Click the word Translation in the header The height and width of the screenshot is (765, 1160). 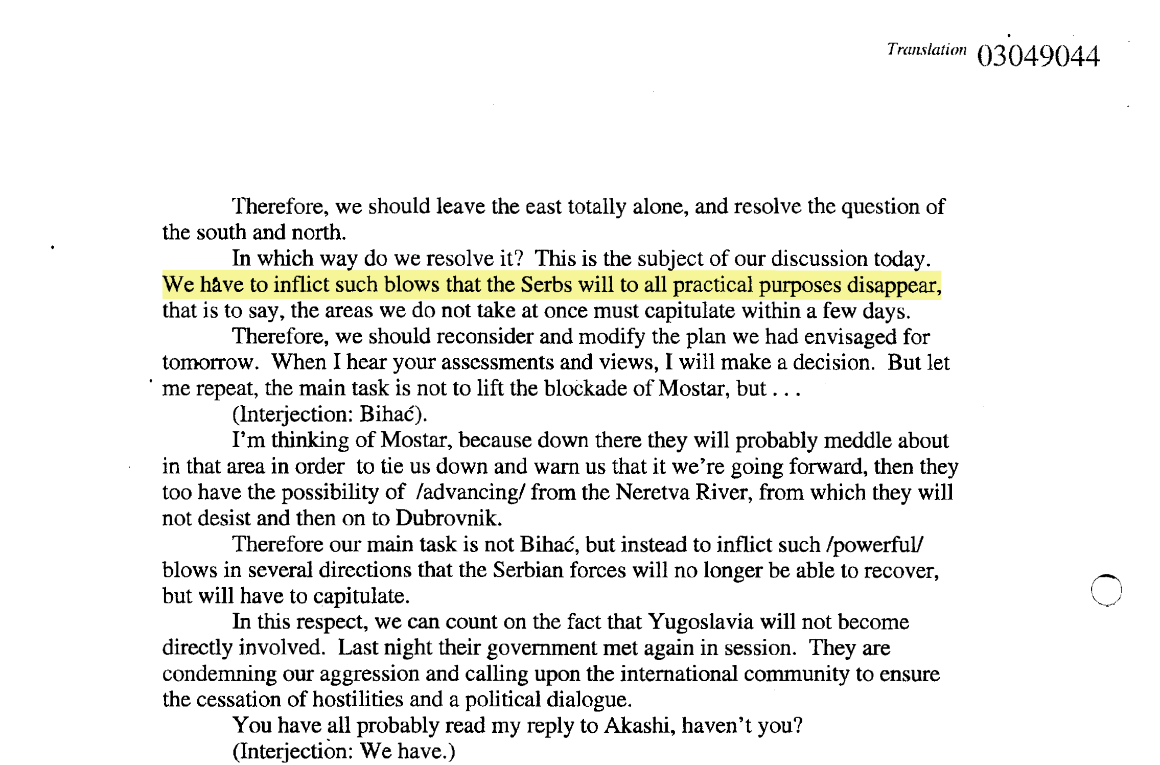click(x=926, y=50)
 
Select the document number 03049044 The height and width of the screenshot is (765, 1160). click(x=1038, y=56)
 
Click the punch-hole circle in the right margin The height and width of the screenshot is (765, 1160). click(x=1106, y=590)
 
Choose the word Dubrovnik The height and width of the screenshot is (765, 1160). click(x=448, y=518)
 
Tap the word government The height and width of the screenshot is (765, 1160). click(x=542, y=648)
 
